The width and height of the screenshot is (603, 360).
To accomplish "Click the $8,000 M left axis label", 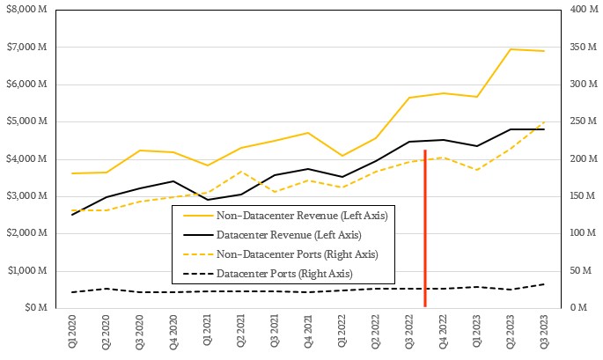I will [27, 10].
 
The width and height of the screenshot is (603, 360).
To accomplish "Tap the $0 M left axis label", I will [36, 308].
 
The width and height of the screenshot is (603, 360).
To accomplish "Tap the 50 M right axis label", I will [578, 271].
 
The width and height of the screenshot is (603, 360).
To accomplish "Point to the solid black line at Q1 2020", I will [73, 214].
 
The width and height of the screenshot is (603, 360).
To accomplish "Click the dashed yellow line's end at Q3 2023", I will [544, 122].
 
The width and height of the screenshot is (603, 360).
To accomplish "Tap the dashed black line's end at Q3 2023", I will [544, 284].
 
